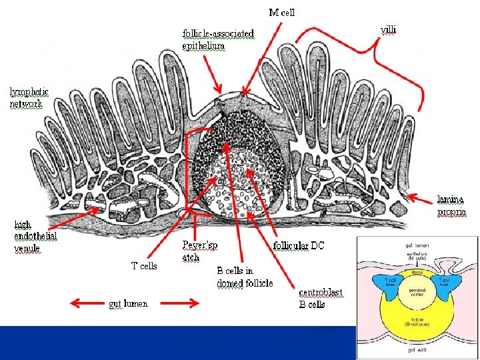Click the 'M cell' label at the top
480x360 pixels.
pyautogui.click(x=281, y=12)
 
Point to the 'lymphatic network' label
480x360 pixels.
pyautogui.click(x=29, y=97)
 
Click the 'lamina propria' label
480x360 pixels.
pyautogui.click(x=451, y=205)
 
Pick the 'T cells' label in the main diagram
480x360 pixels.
pyautogui.click(x=144, y=266)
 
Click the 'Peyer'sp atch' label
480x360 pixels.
pyautogui.click(x=199, y=251)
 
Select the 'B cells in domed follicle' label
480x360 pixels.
pyautogui.click(x=245, y=277)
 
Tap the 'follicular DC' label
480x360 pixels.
pyautogui.click(x=299, y=245)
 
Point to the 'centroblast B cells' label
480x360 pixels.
pyautogui.click(x=321, y=298)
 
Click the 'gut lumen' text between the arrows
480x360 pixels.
pyautogui.click(x=128, y=304)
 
